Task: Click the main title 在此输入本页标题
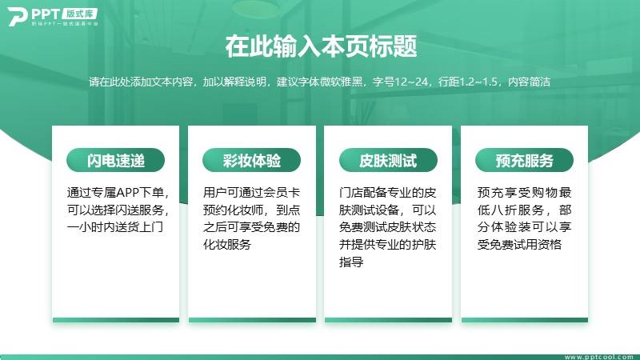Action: click(321, 46)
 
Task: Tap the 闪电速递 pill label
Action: click(115, 160)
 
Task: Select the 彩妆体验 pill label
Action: click(251, 160)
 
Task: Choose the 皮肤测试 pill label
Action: click(388, 160)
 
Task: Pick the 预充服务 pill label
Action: click(524, 160)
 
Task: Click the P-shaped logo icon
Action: click(17, 17)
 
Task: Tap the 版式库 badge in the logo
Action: click(79, 14)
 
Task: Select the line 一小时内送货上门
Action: click(114, 227)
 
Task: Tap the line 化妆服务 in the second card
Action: click(227, 244)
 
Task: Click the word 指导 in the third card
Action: click(351, 262)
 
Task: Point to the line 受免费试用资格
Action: click(519, 244)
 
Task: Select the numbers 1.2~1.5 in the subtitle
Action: click(478, 82)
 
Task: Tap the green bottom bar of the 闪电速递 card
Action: click(115, 320)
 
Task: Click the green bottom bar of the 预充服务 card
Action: click(525, 320)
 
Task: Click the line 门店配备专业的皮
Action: click(387, 192)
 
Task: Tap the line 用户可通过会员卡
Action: click(251, 192)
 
